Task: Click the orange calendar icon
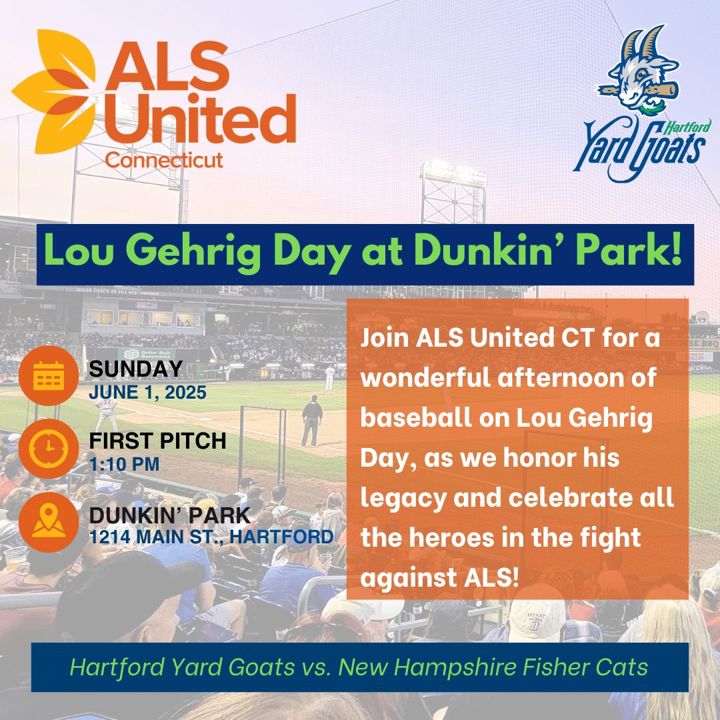[48, 375]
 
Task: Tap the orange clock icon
[48, 449]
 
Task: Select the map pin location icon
[48, 522]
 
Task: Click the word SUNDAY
[136, 369]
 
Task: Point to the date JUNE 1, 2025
[147, 393]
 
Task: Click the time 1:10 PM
[124, 464]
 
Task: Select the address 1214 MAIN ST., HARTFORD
[211, 537]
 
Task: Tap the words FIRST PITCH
[157, 441]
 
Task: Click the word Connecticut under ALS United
[164, 160]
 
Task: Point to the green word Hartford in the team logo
[688, 126]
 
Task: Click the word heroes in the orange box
[451, 537]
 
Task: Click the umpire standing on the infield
[312, 421]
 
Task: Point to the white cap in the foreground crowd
[537, 621]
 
